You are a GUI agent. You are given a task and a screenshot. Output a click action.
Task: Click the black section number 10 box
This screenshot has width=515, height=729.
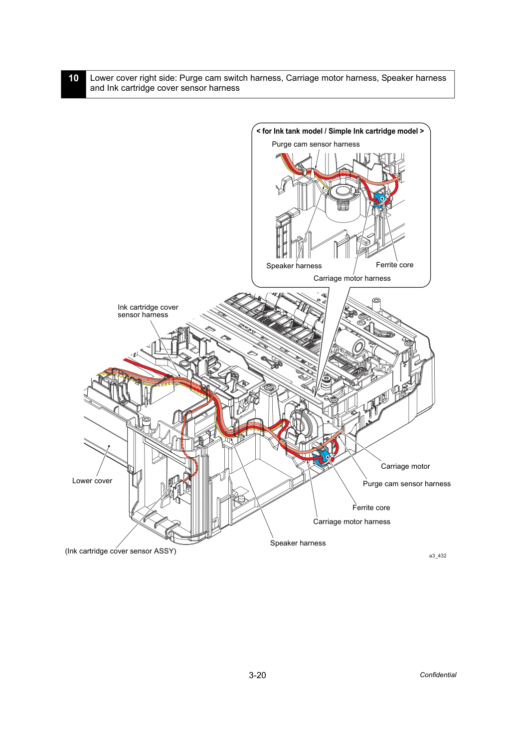click(74, 84)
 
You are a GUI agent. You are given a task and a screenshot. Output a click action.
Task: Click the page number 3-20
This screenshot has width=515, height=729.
click(257, 675)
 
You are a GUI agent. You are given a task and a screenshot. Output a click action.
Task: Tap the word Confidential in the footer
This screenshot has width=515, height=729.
click(438, 675)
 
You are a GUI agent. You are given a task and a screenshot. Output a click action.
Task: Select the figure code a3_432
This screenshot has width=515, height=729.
click(438, 555)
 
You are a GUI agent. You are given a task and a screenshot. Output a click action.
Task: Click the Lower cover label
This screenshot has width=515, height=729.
click(92, 481)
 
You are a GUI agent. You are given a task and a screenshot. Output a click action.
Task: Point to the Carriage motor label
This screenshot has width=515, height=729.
click(405, 466)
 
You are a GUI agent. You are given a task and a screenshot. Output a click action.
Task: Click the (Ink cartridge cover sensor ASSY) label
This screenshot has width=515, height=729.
click(121, 551)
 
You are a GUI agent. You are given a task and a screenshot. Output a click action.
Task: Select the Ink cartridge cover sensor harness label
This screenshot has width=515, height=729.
click(148, 311)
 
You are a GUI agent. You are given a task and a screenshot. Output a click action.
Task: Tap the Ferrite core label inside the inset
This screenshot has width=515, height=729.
click(395, 265)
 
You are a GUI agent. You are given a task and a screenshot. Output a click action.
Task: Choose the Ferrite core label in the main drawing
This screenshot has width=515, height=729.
click(371, 508)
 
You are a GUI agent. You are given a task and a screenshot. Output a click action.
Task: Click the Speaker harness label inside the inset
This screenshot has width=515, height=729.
click(294, 266)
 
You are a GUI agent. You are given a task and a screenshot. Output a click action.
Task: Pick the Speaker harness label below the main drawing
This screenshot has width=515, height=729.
click(298, 543)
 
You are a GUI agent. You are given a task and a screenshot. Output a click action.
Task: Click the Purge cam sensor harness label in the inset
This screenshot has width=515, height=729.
click(316, 144)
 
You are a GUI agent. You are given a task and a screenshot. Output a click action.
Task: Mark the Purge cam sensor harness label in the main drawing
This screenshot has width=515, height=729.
click(407, 484)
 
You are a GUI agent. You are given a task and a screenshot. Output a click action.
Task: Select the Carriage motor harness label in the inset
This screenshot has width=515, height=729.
click(352, 278)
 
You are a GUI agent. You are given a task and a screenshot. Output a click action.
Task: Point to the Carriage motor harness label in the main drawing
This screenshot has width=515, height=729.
click(351, 522)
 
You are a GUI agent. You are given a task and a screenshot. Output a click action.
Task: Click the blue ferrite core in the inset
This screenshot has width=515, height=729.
click(379, 200)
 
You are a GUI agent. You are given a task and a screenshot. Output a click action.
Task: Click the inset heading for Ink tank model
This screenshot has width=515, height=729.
click(341, 131)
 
